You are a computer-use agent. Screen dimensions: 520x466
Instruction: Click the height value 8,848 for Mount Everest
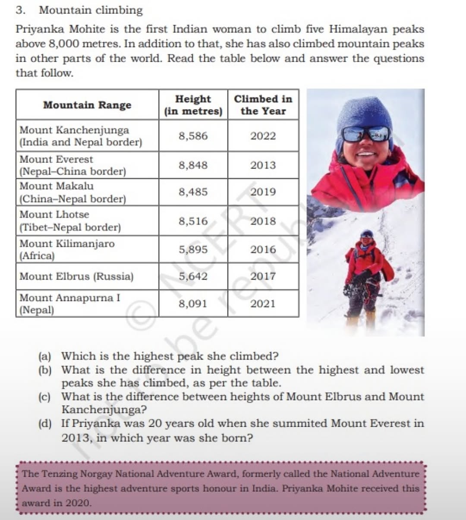click(x=193, y=165)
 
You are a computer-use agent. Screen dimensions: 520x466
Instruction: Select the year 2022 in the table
click(x=263, y=136)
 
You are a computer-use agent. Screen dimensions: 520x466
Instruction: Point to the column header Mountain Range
click(x=87, y=105)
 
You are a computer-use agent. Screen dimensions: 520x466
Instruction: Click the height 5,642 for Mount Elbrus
click(x=193, y=276)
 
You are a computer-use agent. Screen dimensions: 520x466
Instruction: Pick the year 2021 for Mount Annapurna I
click(x=263, y=304)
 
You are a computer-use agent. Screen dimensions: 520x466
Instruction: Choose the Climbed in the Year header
click(x=263, y=105)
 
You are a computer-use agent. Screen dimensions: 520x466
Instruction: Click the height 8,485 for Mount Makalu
click(x=193, y=192)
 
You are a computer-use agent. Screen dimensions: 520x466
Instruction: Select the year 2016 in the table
click(x=263, y=249)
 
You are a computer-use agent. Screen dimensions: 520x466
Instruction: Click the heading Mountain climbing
click(x=91, y=10)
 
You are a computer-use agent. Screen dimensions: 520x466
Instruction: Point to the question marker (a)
click(x=45, y=356)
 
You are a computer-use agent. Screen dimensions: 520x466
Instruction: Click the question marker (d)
click(x=45, y=423)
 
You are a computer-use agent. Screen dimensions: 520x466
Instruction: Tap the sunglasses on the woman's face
click(x=365, y=134)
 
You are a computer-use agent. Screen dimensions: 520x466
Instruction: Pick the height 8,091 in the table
click(x=193, y=304)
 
